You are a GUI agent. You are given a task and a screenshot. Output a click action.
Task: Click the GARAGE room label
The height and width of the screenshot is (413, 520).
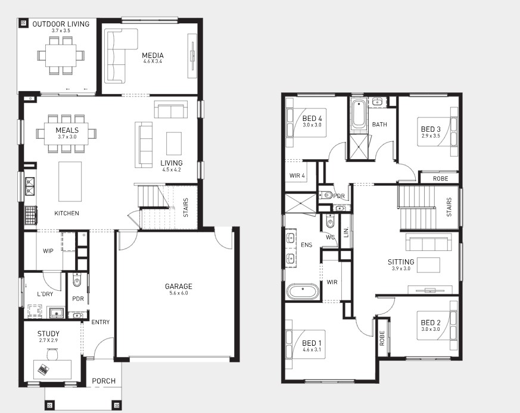179,286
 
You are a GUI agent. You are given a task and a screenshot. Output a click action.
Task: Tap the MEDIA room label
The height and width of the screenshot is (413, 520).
152,55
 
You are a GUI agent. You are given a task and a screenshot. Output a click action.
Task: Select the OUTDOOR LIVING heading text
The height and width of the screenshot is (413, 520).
61,24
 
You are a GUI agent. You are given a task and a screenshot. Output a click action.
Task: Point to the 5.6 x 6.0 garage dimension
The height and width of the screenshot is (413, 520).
179,293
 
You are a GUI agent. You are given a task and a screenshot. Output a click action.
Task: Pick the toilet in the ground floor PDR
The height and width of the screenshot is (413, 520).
77,281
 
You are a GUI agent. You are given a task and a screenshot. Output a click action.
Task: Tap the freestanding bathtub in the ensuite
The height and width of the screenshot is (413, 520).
303,291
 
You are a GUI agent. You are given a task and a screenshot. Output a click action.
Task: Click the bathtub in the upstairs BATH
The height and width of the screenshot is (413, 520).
359,114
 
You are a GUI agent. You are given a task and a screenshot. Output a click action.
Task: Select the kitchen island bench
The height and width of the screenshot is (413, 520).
70,181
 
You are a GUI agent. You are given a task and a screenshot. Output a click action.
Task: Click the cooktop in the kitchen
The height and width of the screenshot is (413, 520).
30,215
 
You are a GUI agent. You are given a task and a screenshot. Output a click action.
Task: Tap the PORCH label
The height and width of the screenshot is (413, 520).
104,381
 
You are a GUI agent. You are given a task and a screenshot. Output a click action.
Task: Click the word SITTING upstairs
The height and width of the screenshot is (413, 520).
401,262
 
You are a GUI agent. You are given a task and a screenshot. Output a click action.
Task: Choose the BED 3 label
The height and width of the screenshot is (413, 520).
431,129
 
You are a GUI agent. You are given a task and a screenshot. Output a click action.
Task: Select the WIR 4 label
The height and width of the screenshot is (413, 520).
297,175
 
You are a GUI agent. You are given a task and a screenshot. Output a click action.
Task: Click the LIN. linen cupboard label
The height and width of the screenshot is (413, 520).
346,232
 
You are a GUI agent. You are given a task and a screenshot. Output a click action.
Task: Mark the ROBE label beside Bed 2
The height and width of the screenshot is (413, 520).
382,338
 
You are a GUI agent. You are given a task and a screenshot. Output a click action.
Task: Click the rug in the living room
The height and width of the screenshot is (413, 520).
174,143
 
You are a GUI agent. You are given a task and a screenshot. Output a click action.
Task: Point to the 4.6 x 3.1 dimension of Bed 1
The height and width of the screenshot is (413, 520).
312,350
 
